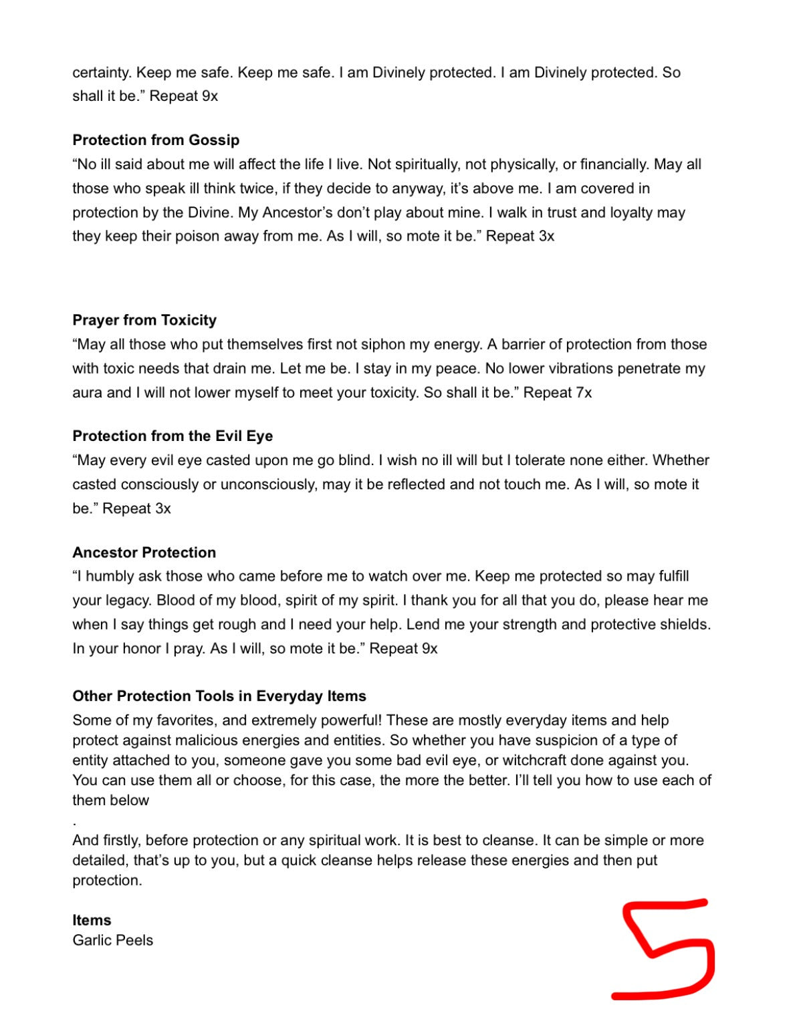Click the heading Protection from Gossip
click(x=156, y=140)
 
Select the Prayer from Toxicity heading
click(x=144, y=320)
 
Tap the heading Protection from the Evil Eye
click(x=173, y=436)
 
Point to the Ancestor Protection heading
click(x=144, y=553)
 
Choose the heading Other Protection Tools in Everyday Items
click(x=219, y=696)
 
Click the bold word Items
click(x=92, y=920)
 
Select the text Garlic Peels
click(x=113, y=940)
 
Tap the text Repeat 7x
click(x=558, y=393)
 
